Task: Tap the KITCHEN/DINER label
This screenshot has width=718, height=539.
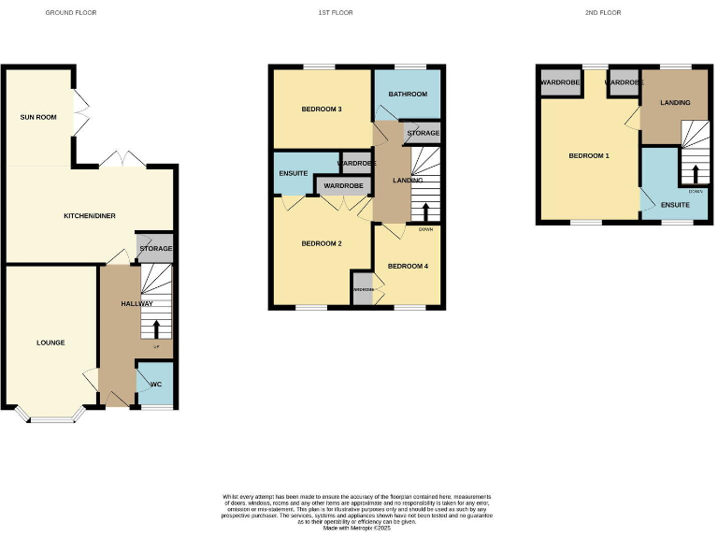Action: pos(89,216)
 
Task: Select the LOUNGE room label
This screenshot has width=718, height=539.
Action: pos(50,342)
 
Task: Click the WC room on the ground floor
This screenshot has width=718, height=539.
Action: pos(156,385)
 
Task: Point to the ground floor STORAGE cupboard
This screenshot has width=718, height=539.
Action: pos(155,248)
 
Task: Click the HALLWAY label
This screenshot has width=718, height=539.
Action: pos(136,304)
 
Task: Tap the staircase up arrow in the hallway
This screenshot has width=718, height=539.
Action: pos(155,328)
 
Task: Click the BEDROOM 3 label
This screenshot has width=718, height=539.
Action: pos(321,109)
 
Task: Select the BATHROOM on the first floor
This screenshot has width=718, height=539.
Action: pos(408,95)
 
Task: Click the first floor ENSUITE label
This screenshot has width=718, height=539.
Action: pos(294,173)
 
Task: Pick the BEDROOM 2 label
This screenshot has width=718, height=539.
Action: pos(321,243)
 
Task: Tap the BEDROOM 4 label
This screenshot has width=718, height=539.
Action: pos(408,266)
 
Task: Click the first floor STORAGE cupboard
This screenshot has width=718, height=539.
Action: pos(423,134)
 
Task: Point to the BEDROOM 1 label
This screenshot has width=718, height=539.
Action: pos(589,155)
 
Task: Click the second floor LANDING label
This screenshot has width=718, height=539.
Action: pos(674,102)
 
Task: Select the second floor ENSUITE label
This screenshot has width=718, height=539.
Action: pos(675,204)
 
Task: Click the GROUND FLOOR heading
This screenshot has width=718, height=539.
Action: pos(71,13)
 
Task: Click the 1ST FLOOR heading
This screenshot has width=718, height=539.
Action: pos(336,13)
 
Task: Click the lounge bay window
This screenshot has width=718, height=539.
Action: pos(50,415)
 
